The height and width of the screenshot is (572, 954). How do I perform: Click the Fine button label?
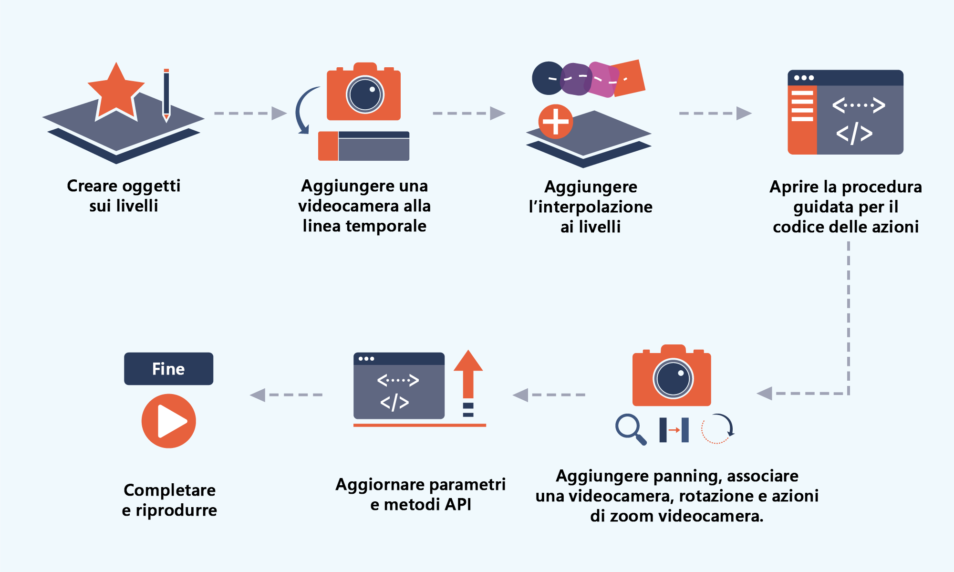coord(168,369)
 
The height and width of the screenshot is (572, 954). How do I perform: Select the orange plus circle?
coord(556,122)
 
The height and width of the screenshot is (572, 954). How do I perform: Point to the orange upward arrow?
coord(468,374)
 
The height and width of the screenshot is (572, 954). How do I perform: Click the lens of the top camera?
coord(365,94)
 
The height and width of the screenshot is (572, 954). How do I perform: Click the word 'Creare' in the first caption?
coord(92,186)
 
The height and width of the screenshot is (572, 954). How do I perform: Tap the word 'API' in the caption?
coord(458,505)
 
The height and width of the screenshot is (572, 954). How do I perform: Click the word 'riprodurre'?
coord(176,510)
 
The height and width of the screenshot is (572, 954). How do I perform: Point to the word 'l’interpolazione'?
coord(591,207)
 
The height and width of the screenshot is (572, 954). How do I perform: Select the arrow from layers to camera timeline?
coord(250,114)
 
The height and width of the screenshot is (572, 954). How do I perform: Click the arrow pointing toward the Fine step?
coord(286,395)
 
